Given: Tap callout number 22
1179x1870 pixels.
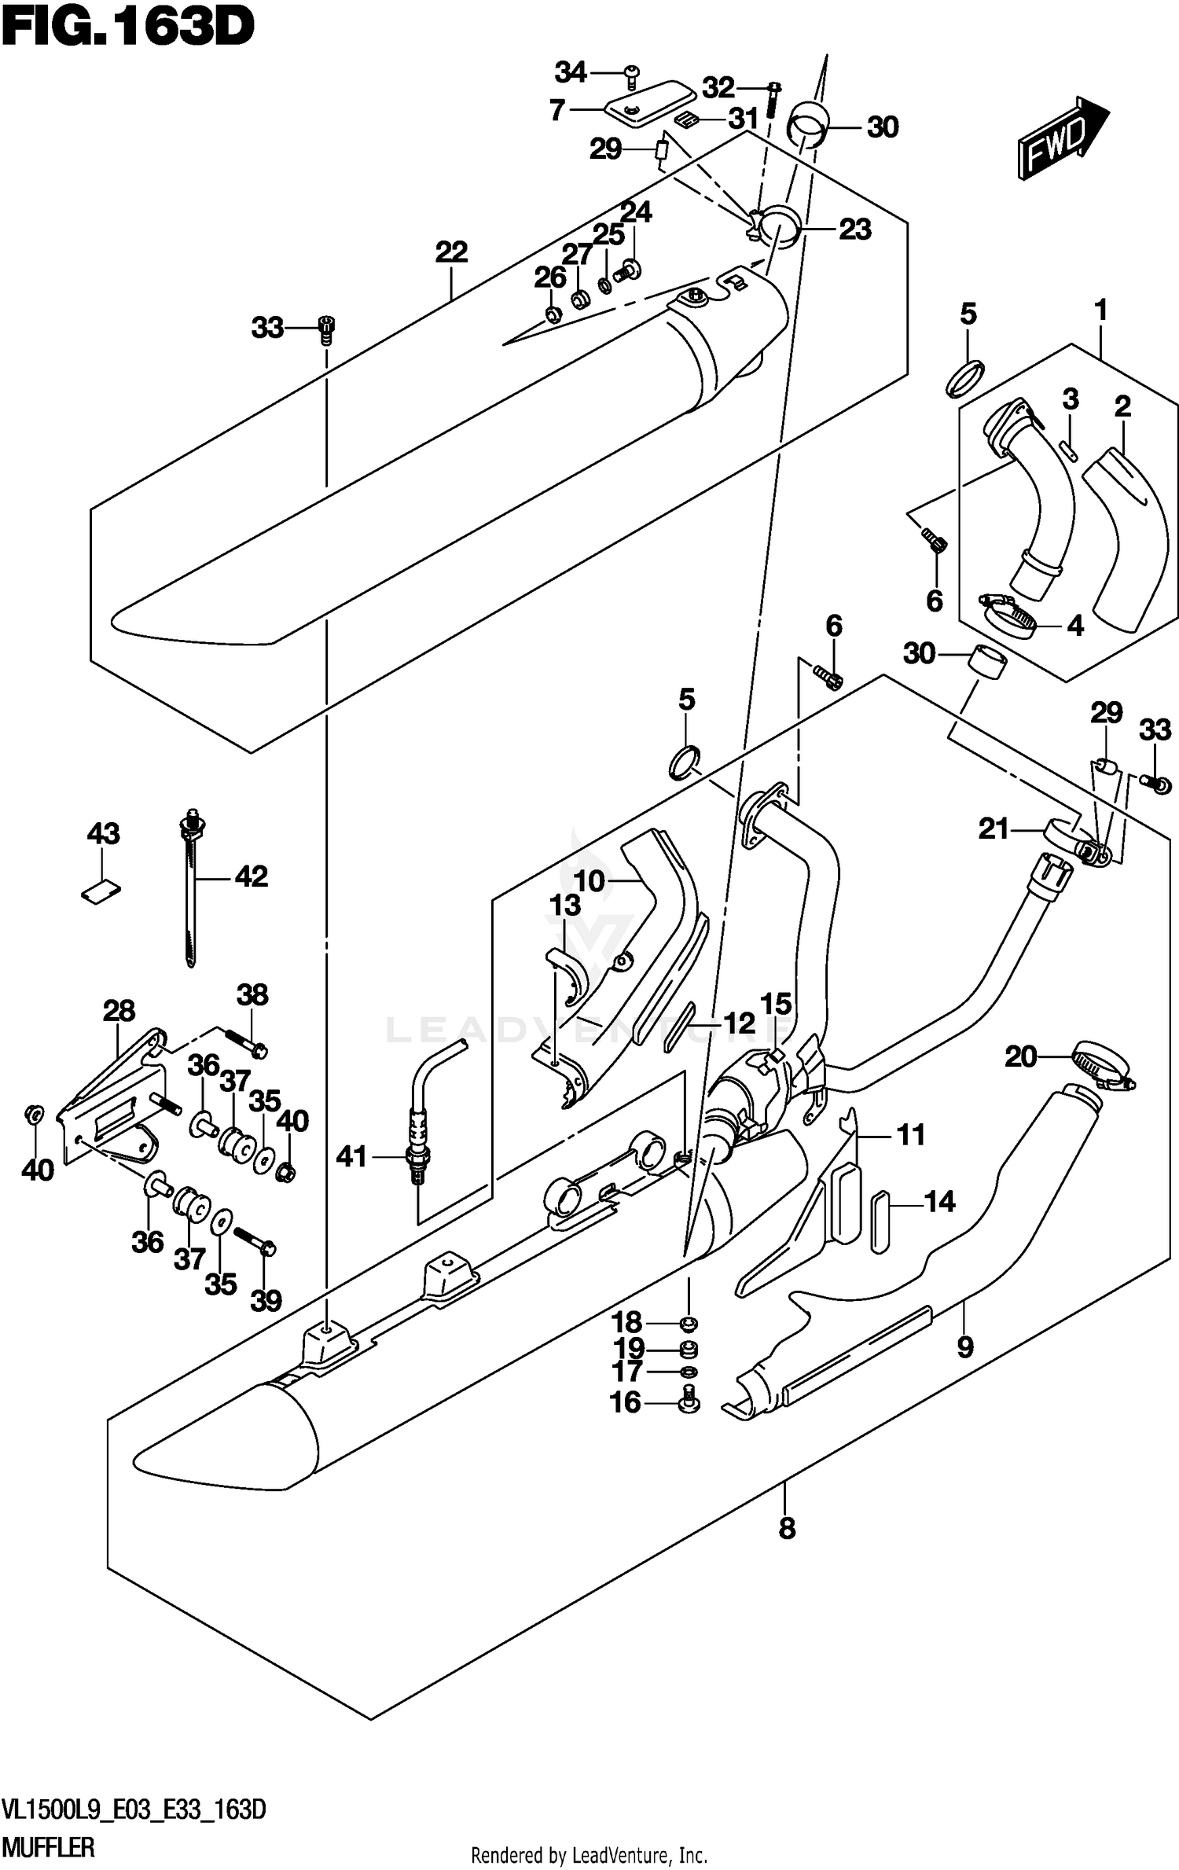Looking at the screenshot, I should click(x=451, y=252).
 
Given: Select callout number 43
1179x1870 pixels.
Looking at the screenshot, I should click(x=103, y=833).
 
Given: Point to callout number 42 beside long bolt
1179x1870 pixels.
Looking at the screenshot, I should click(x=252, y=876).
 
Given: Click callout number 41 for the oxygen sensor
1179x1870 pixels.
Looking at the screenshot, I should click(x=351, y=1156).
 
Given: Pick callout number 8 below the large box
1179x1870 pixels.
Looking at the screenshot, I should click(x=786, y=1528).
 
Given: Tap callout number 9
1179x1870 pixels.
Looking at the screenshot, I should click(x=964, y=1347).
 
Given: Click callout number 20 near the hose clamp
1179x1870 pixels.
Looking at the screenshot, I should click(x=1020, y=1057).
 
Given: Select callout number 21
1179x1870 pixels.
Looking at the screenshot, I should click(x=994, y=828).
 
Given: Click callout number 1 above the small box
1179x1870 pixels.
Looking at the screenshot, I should click(x=1100, y=310).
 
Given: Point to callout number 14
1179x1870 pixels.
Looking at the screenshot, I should click(x=939, y=1201).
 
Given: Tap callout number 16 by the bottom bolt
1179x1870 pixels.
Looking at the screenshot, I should click(x=626, y=1402).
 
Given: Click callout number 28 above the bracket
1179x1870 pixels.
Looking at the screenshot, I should click(x=119, y=1011).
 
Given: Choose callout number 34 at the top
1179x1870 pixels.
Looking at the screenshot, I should click(x=571, y=72).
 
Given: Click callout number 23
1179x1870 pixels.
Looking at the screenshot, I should click(x=854, y=230).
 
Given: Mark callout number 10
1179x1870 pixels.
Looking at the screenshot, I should click(x=589, y=881).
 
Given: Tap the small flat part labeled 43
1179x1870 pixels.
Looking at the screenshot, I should click(x=101, y=892).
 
